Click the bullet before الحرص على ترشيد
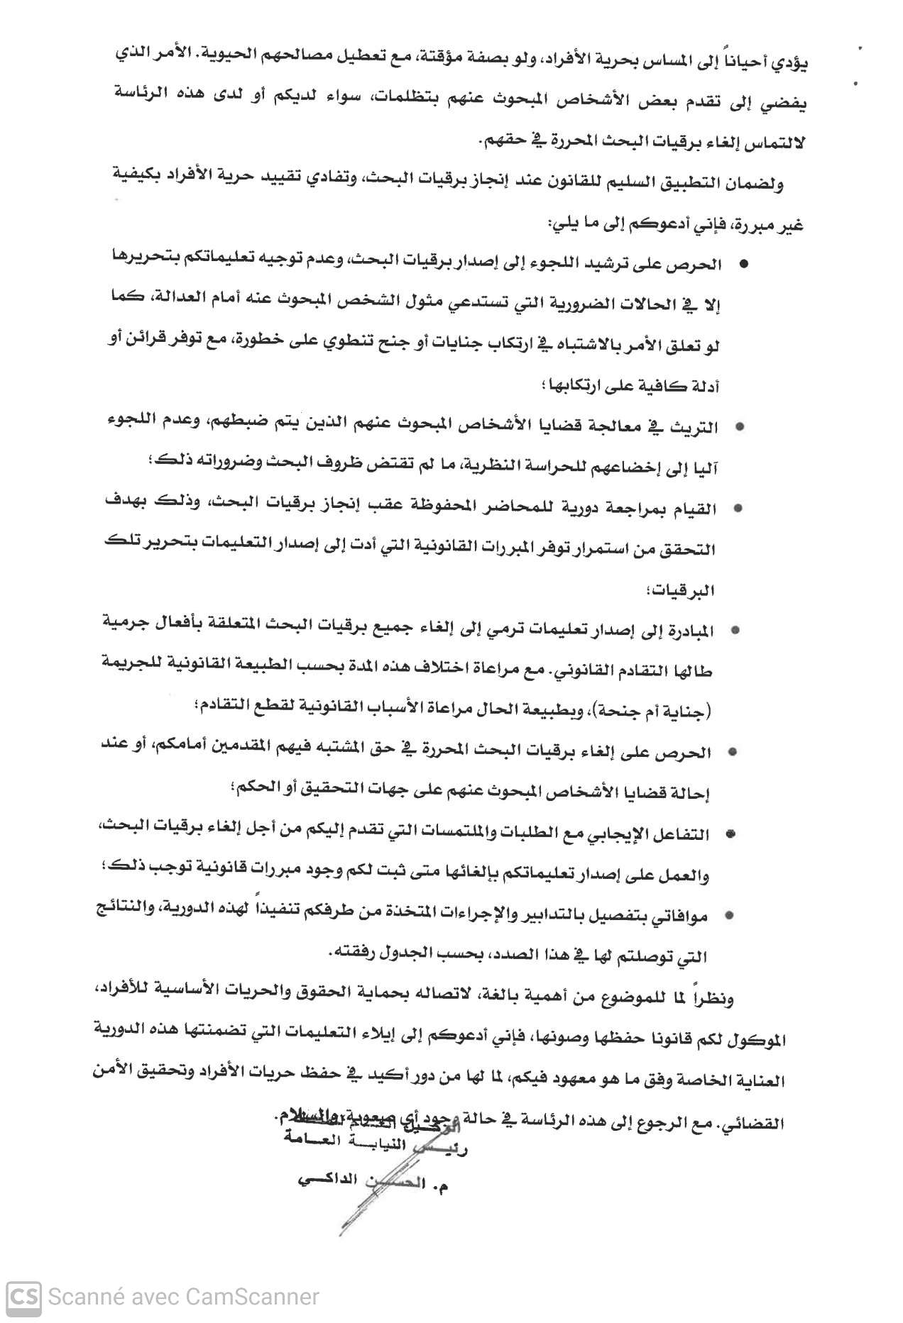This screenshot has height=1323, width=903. [744, 265]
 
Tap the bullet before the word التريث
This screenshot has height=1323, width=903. [740, 428]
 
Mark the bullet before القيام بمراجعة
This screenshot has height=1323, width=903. [738, 509]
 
